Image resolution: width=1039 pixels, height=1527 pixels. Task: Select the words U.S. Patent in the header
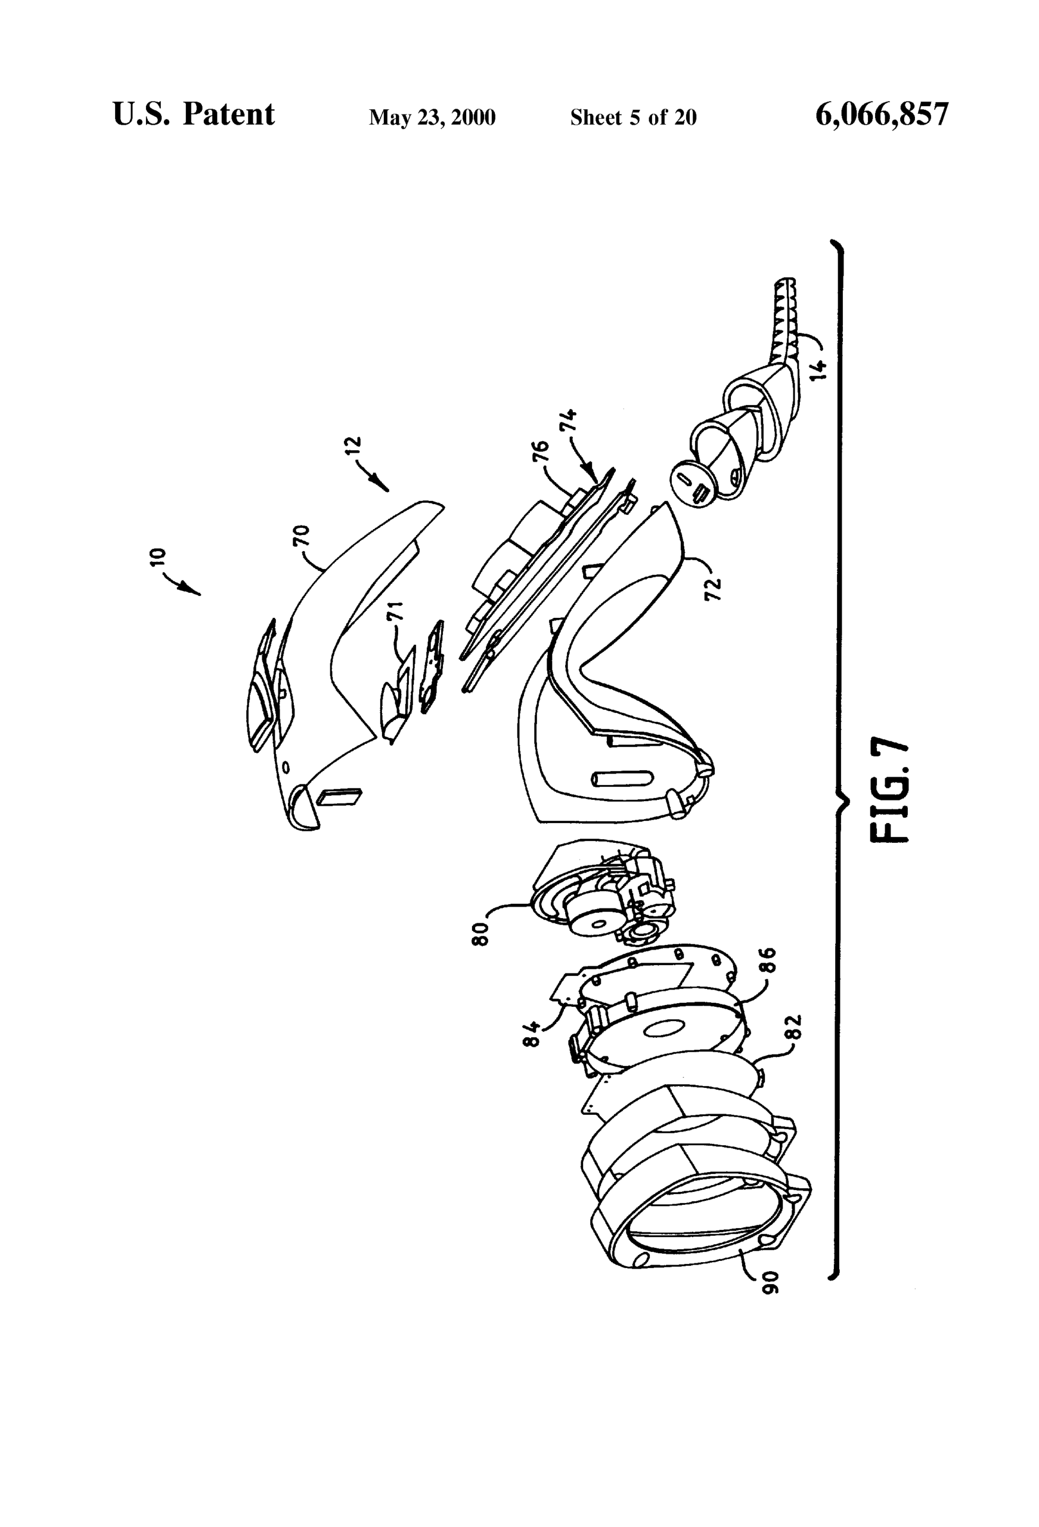(x=194, y=115)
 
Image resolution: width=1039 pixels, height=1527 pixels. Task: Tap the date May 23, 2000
(x=432, y=118)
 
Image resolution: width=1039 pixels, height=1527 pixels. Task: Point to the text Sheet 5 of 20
(x=633, y=117)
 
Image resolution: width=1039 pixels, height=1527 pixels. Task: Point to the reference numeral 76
(x=540, y=453)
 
